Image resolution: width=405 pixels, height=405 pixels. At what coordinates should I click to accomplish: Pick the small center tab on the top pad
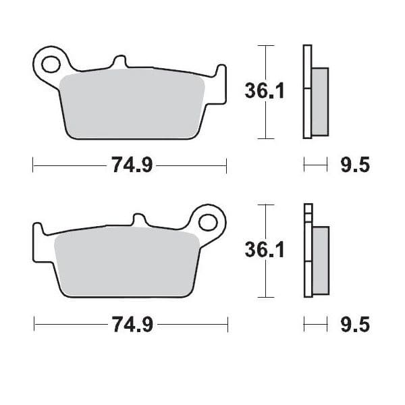click(122, 62)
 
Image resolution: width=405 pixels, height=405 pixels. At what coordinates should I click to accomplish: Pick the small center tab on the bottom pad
click(138, 221)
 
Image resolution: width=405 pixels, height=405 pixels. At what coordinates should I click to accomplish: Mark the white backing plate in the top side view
click(308, 91)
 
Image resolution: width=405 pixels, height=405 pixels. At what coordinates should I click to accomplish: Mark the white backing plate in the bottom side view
click(308, 251)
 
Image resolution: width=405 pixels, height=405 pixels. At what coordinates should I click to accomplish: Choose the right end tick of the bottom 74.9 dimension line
click(227, 325)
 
